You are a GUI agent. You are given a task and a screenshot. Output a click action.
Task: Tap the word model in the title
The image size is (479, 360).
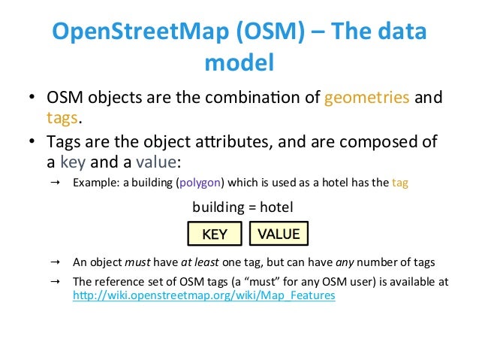tap(239, 63)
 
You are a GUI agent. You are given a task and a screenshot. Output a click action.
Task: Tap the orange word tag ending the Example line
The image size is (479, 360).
tap(401, 183)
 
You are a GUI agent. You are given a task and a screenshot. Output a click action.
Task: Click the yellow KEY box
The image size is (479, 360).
tap(215, 234)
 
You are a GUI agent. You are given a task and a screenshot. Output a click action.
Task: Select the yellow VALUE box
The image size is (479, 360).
tap(279, 234)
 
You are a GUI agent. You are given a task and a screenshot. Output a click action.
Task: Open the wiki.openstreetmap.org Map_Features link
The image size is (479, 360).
tap(203, 296)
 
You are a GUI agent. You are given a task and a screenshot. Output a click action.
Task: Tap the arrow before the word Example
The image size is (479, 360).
tap(56, 183)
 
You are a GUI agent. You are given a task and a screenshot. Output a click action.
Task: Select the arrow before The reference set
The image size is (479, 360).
tap(56, 282)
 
